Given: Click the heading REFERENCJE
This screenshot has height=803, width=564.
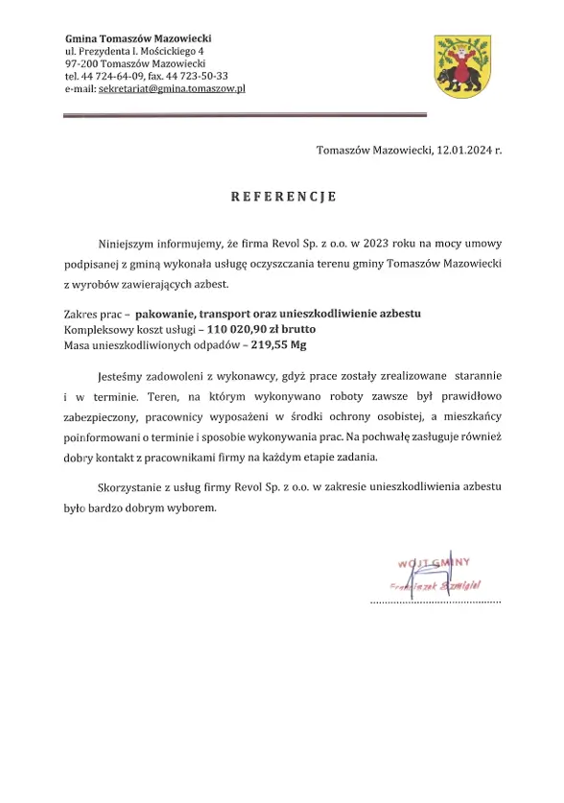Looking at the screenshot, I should [x=282, y=197].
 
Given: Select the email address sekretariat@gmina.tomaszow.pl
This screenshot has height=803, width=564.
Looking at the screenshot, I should [x=170, y=87].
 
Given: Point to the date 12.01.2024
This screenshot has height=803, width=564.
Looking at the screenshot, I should [x=464, y=150].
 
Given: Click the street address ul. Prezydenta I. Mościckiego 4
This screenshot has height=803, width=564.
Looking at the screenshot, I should [x=134, y=50].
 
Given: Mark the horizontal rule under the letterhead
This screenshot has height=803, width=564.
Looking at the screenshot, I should [x=245, y=115].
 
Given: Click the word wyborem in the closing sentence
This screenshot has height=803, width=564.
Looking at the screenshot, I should [x=197, y=507].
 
